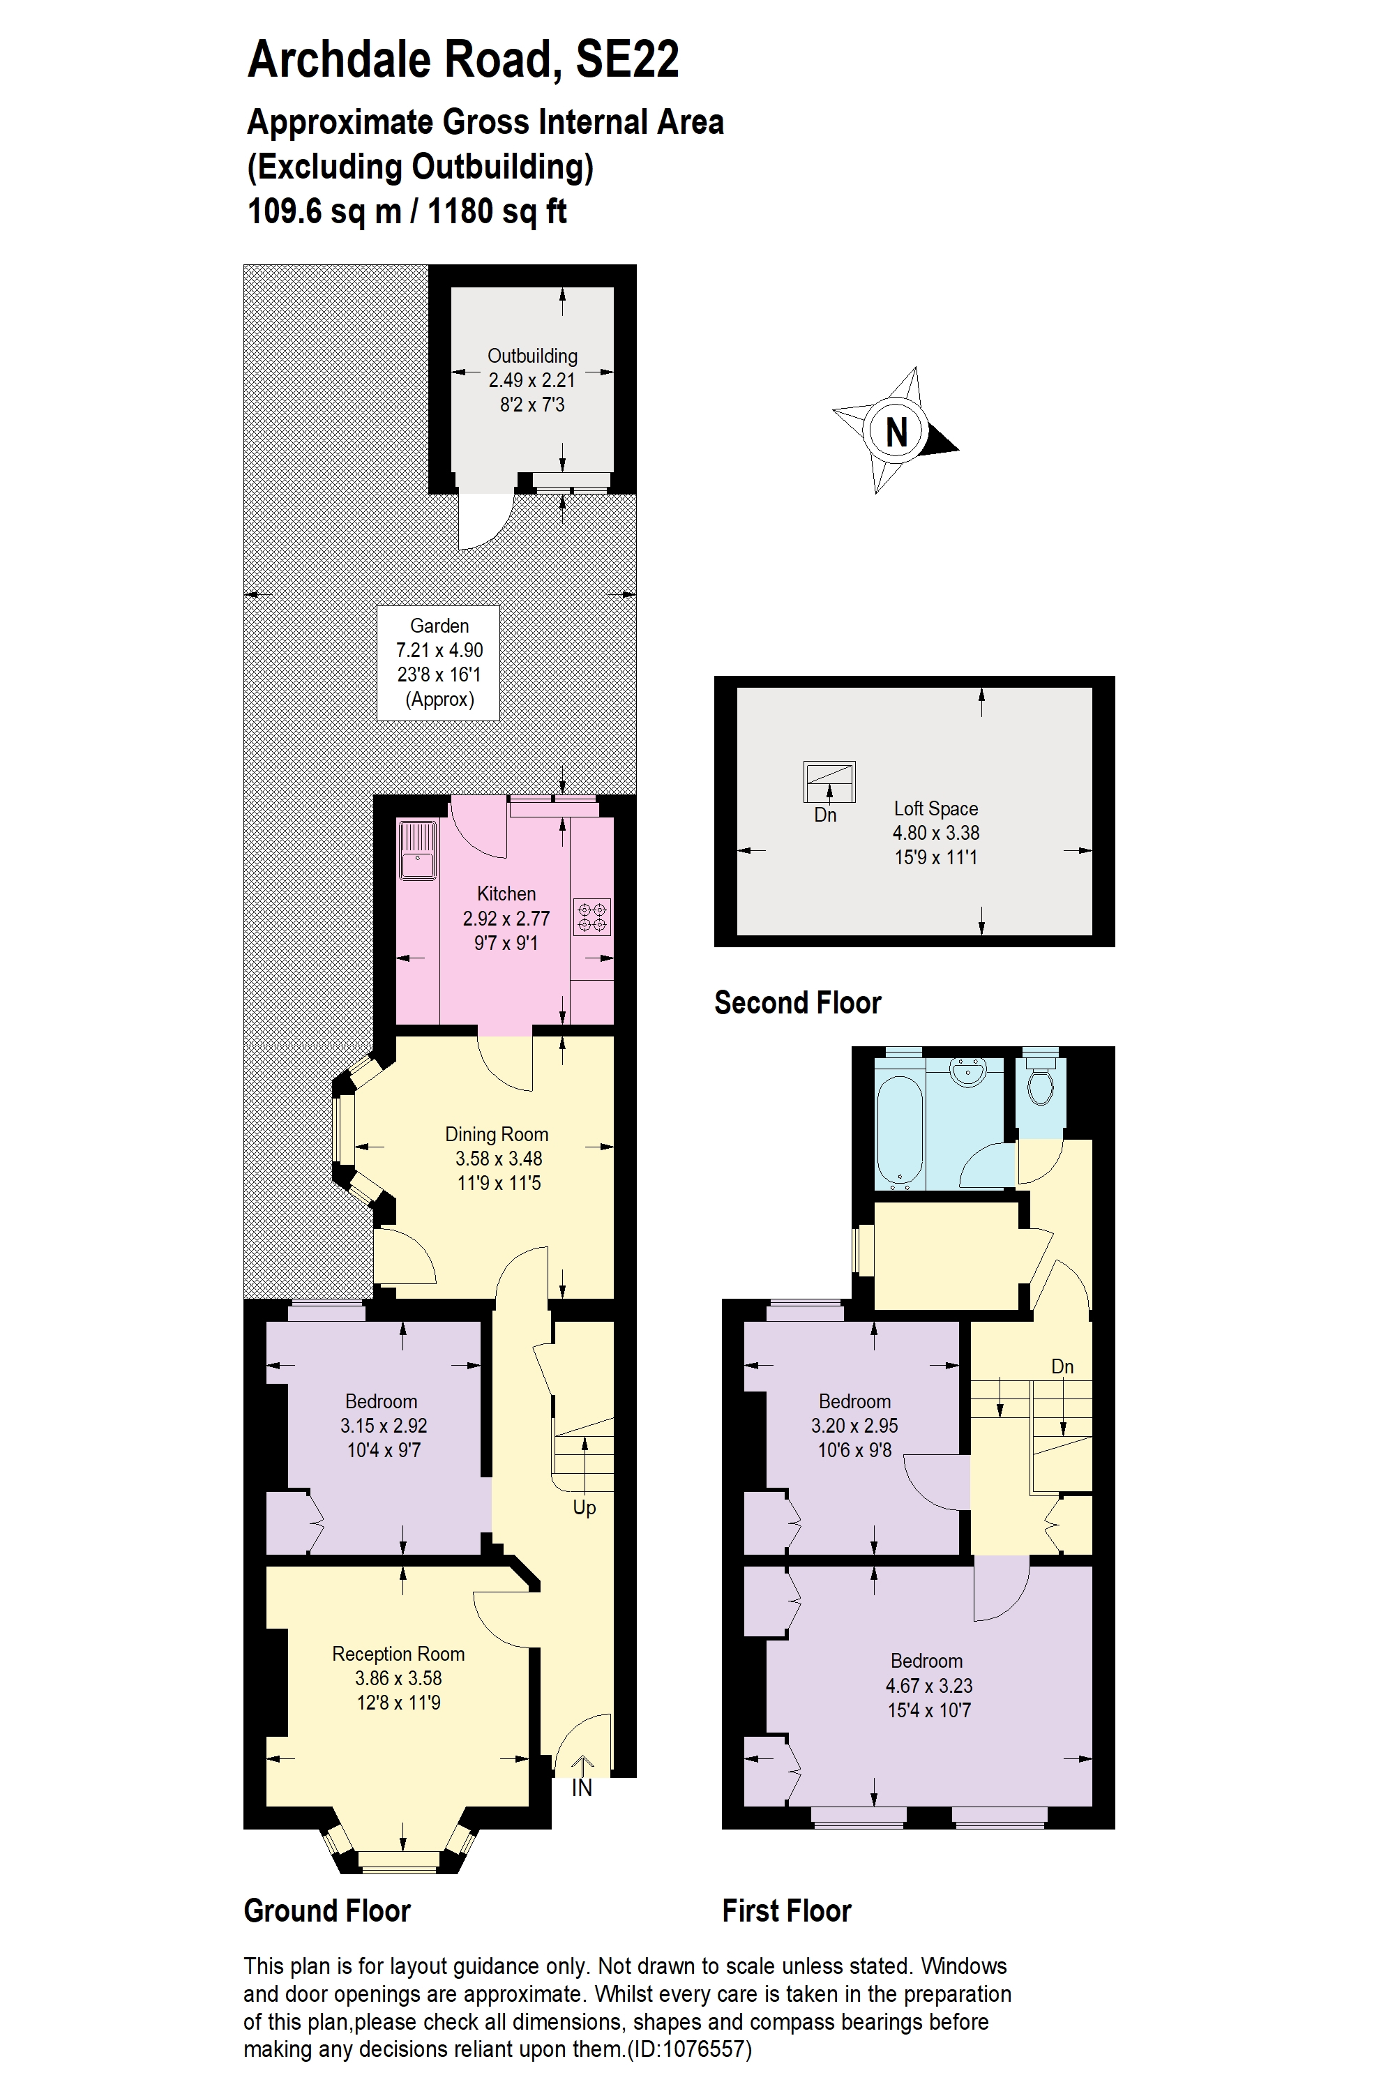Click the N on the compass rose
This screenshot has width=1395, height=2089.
pos(896,432)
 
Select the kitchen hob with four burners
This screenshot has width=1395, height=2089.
pos(592,917)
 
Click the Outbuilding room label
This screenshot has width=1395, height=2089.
pos(532,356)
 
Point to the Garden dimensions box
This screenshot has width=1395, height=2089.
pos(439,663)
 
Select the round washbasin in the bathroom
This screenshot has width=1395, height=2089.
pos(968,1071)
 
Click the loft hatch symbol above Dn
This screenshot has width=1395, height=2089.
pos(829,782)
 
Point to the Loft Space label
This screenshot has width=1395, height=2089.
pos(936,808)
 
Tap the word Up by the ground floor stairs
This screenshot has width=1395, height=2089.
pos(585,1507)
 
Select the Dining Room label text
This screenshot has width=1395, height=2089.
pos(497,1134)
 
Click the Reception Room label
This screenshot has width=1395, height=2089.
pos(398,1654)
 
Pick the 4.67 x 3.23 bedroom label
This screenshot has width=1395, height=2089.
pos(928,1685)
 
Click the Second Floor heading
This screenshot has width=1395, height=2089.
pos(797,1003)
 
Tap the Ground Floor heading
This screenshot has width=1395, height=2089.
pos(327,1911)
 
